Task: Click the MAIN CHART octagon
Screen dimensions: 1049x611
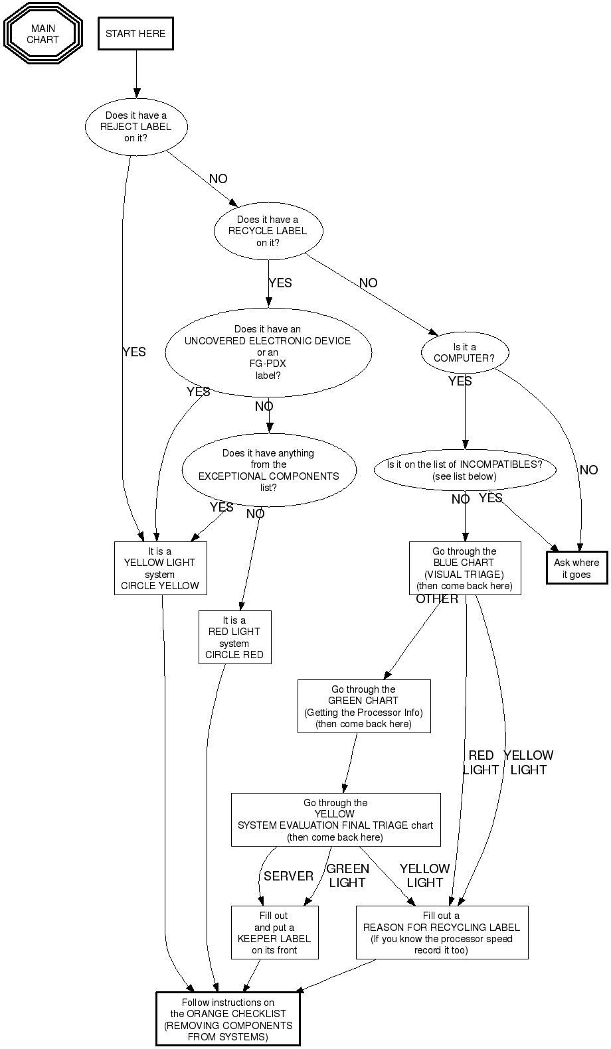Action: pos(43,34)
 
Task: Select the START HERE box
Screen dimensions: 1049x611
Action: pos(135,34)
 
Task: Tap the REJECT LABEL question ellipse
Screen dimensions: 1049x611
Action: pos(136,127)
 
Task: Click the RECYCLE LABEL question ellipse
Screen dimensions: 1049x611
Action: pos(268,231)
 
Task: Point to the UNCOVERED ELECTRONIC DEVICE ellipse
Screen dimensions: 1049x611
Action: pos(268,352)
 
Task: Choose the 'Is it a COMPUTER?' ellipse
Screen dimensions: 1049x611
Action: pos(464,352)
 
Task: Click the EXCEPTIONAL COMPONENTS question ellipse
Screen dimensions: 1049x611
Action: pos(269,470)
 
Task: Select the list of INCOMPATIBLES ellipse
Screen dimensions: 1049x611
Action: pos(464,470)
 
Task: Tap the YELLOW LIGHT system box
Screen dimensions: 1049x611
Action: pos(160,568)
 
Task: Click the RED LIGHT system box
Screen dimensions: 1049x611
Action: pos(234,637)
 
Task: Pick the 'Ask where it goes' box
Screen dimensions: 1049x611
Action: pos(576,568)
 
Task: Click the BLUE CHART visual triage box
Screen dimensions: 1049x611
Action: pos(464,568)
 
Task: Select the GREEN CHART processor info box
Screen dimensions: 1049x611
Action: pos(363,706)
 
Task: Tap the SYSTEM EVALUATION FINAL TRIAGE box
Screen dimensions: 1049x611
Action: pos(335,819)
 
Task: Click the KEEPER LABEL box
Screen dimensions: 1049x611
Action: pos(274,932)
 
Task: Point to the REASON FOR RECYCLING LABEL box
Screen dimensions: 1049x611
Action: pos(442,932)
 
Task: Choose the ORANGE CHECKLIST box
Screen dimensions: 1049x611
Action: pos(228,1019)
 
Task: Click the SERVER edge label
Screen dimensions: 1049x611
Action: pos(288,876)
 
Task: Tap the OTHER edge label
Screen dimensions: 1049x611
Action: pos(437,599)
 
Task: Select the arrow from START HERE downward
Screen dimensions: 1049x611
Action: pos(136,73)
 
